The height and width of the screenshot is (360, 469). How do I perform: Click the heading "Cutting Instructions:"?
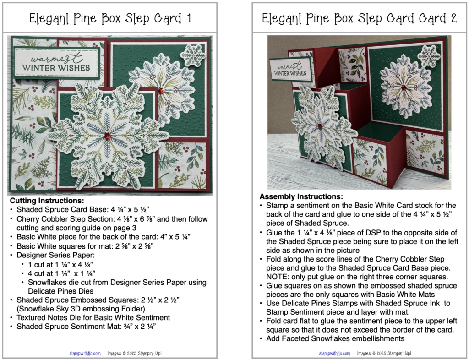[47, 201]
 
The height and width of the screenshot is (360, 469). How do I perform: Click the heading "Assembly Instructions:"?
[301, 197]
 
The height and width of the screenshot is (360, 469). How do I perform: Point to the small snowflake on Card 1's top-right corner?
[193, 55]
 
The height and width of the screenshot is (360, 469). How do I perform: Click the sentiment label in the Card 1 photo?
[56, 63]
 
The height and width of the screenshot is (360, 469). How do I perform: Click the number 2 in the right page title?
[453, 18]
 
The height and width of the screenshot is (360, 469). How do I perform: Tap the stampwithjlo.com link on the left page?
[85, 354]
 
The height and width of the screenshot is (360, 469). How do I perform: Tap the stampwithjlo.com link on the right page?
[334, 354]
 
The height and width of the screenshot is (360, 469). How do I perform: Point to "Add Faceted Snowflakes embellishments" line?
[335, 339]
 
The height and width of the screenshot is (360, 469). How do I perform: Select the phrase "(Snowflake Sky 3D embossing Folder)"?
[81, 309]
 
